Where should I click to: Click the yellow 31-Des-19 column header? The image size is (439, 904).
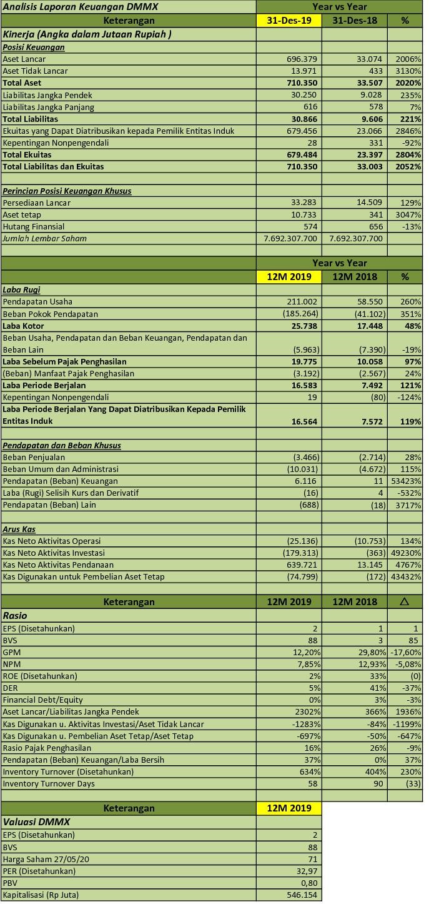289,21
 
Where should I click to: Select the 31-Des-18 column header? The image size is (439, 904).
354,21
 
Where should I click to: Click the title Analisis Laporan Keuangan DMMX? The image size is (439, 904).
81,7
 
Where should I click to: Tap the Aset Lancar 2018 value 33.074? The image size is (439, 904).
369,59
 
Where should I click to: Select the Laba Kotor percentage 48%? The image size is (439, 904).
412,326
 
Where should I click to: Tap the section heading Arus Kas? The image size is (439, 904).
19,529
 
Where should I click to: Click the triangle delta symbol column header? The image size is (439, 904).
404,602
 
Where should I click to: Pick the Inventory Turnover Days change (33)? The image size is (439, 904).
412,783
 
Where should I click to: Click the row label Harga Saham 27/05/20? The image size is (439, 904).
46,859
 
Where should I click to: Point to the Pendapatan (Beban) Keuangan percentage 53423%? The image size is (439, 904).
407,481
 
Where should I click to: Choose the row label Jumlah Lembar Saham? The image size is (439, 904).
44,238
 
